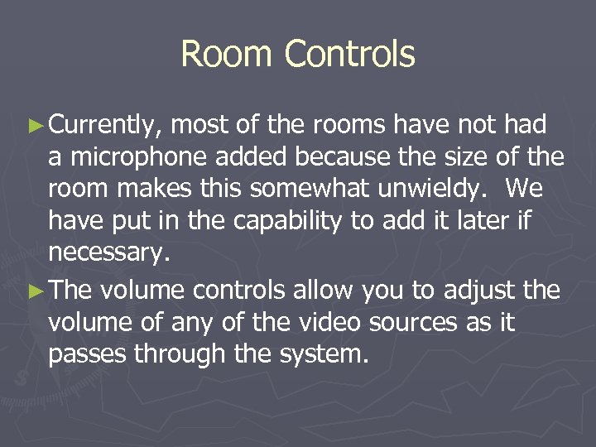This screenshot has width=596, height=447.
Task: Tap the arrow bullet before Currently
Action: point(34,126)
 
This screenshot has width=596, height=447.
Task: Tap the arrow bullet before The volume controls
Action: point(34,291)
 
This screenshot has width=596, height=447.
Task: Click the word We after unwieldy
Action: point(523,189)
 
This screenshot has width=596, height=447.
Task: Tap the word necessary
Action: point(108,253)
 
